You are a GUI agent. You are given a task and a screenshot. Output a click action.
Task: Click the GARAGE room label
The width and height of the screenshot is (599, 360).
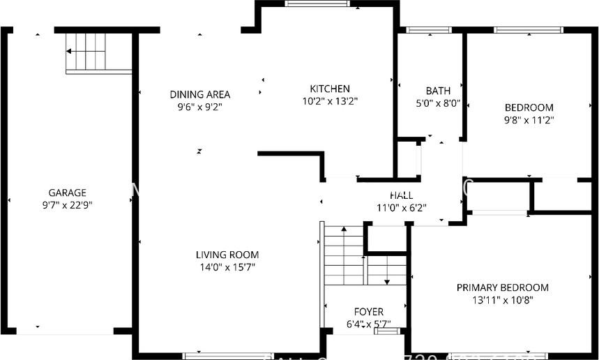point(67,193)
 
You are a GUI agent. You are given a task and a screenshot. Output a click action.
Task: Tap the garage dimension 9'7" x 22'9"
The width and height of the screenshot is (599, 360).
point(67,205)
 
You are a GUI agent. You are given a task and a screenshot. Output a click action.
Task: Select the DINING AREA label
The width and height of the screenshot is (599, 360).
point(200,94)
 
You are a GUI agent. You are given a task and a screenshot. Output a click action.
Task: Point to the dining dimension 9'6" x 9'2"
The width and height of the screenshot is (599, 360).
point(200,107)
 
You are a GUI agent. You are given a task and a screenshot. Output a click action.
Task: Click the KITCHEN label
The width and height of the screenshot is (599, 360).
point(330,89)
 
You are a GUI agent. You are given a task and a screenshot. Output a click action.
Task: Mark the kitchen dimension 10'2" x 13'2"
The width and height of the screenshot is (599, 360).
point(330,101)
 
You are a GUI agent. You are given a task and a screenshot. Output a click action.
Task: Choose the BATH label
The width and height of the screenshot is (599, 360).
point(438,91)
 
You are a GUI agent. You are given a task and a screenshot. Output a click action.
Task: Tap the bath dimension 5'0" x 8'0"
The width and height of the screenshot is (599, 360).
point(438,103)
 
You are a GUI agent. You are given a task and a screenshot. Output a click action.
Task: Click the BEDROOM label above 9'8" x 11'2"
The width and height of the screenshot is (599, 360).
point(529,107)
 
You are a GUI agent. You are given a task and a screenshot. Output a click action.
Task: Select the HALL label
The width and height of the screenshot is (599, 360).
point(401,195)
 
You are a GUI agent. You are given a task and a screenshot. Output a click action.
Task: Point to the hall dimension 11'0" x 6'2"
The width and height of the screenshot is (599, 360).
point(401,207)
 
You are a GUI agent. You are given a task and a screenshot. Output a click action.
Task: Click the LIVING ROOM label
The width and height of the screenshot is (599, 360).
point(227,255)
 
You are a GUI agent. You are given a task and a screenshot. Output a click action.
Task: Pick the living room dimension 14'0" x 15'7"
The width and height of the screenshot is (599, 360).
point(227,267)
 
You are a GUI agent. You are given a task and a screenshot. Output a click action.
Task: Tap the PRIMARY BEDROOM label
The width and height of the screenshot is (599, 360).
point(502,287)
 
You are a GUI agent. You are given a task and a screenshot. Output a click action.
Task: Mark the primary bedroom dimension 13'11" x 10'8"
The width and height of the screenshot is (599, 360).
point(502,300)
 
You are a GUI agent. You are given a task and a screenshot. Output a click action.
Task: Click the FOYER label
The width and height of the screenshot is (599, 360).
point(369,312)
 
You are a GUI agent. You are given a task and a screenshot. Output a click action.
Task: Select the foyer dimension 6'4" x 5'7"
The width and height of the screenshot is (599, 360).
point(369,324)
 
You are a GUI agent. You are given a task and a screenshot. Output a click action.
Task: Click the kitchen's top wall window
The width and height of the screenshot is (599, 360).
point(317,3)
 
